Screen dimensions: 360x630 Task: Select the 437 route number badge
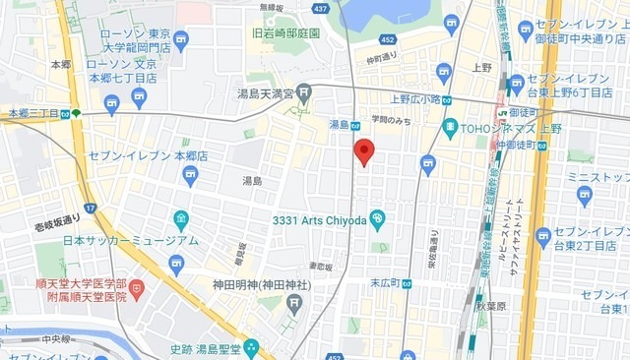click(x=320, y=7)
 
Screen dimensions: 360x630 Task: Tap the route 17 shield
click(x=91, y=209)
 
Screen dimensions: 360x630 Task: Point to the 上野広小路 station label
click(x=411, y=98)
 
